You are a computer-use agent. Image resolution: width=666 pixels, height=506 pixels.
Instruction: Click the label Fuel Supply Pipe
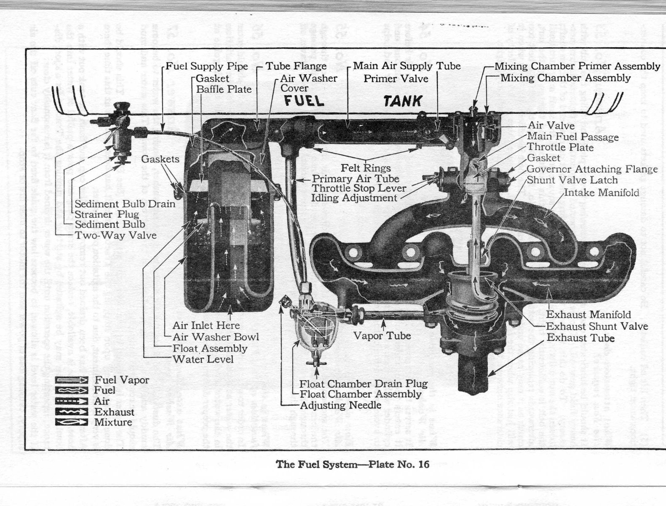[206, 66]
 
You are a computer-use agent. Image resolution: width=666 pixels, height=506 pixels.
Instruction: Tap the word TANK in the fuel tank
[402, 101]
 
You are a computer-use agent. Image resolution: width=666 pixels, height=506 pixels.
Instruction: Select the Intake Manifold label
[601, 193]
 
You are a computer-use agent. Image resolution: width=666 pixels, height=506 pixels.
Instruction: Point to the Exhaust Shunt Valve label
[597, 326]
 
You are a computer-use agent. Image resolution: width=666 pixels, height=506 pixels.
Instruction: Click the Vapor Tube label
[382, 336]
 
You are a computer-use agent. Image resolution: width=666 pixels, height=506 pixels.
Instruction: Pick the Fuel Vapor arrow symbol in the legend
[72, 380]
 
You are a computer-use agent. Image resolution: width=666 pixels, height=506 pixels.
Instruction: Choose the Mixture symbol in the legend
[72, 422]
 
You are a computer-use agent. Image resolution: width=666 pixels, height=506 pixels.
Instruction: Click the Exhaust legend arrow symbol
[72, 412]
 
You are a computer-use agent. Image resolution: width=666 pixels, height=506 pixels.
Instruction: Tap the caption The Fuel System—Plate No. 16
[352, 464]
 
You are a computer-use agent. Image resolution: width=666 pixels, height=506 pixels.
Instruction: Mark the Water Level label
[203, 359]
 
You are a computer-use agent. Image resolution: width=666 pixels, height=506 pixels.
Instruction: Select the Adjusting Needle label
[340, 405]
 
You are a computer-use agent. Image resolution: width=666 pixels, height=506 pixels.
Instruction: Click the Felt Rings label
[366, 168]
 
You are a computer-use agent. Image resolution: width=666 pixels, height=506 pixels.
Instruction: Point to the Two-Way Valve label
[115, 235]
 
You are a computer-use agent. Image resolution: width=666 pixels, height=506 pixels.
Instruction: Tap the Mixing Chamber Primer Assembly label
[577, 66]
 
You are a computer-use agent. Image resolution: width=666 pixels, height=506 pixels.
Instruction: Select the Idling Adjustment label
[354, 198]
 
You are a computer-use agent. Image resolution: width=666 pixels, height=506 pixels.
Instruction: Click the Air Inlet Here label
[206, 325]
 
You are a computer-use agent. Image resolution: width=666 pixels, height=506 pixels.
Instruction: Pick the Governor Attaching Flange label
[592, 169]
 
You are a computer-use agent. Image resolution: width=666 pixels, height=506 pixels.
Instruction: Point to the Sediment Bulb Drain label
[125, 204]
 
